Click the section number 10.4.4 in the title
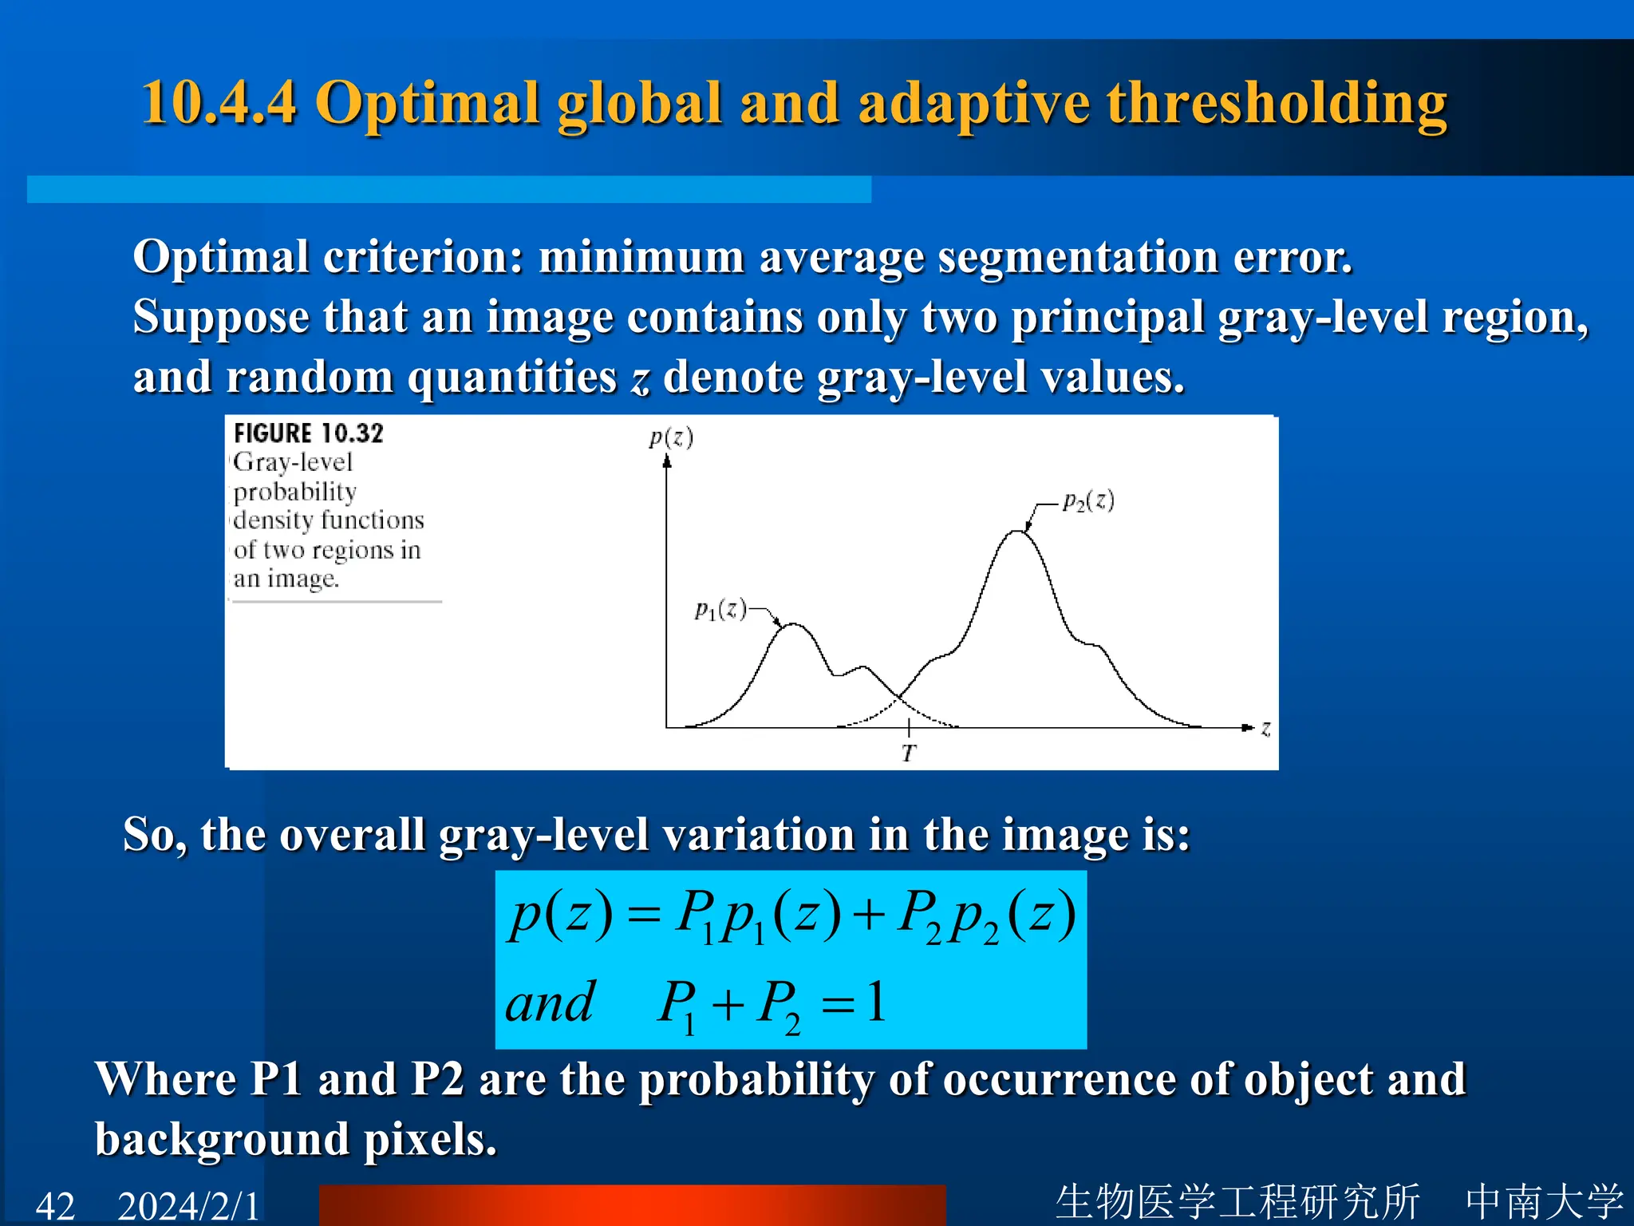[219, 104]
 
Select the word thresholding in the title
[1277, 104]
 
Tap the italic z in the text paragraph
[640, 378]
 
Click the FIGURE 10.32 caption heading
[309, 433]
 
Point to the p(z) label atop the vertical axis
[670, 437]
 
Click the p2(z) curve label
[1088, 501]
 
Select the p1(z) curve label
[720, 611]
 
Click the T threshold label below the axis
[909, 753]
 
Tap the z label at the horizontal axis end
[1265, 728]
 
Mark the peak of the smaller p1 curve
[793, 625]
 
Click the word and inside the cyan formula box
[550, 1003]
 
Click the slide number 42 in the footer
[56, 1205]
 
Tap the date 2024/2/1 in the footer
[189, 1205]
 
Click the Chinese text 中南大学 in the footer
[1544, 1201]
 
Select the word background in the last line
[222, 1140]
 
